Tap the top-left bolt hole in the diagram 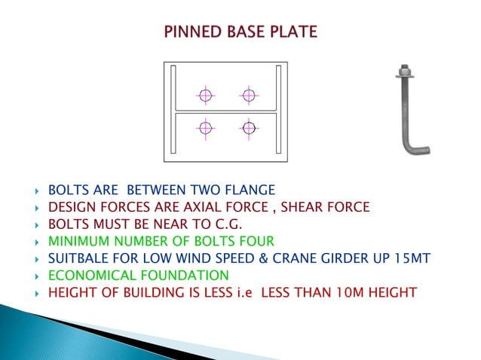205,95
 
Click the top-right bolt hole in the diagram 249,95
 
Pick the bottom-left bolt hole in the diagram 205,127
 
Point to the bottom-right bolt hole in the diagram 249,127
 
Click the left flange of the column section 173,111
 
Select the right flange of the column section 280,111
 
